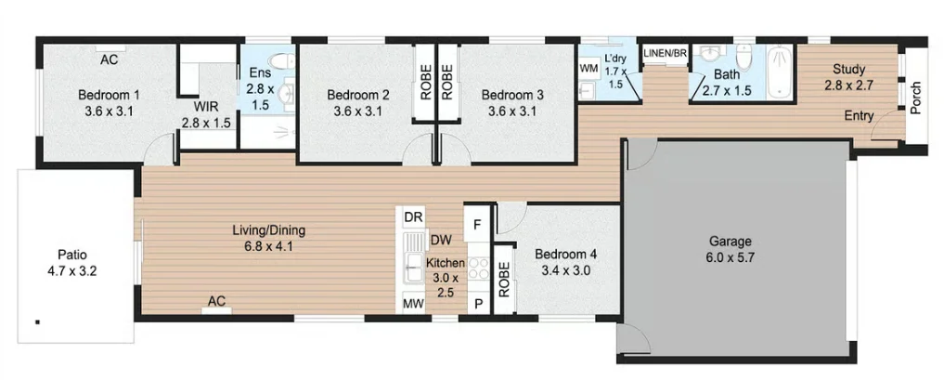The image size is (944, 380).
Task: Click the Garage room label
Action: coord(730,242)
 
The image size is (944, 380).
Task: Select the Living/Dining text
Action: coord(269,230)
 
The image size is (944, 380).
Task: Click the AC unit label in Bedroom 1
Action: coord(109,59)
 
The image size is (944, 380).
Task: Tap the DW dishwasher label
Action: coord(441,241)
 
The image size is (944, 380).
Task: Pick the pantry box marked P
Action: coord(478,304)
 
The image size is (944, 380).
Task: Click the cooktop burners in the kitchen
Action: coord(479,268)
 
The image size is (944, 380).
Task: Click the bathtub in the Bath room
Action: coord(781,72)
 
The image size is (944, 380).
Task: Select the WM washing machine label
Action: coord(588,69)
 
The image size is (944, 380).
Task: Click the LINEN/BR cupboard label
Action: coord(666,53)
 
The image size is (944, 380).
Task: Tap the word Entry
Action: coord(860,115)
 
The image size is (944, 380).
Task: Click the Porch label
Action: coord(916,98)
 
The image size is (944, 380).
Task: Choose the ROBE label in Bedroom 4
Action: coord(504,280)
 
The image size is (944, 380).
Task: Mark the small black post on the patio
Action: coord(37,322)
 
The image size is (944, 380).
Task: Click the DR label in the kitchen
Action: coord(412,216)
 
